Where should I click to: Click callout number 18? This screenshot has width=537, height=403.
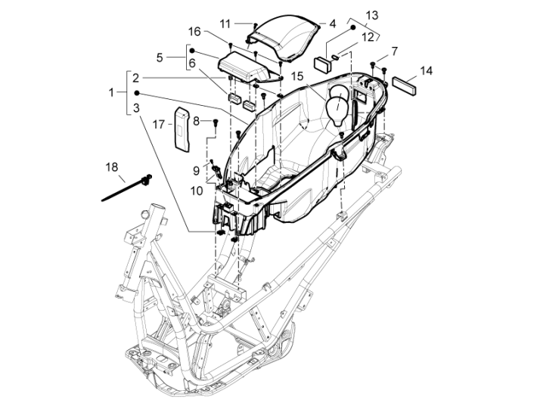coord(111,166)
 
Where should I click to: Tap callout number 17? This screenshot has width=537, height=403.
coord(159,125)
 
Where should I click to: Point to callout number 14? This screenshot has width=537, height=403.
coord(427,71)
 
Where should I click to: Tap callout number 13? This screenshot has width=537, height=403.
coord(372,16)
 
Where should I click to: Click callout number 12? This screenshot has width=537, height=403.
coord(368,36)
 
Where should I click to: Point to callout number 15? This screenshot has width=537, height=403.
coord(296,76)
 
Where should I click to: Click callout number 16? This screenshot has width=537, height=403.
coord(194,32)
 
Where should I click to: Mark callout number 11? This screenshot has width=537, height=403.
coord(226,23)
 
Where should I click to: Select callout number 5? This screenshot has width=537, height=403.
coord(160,57)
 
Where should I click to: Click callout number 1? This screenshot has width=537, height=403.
coord(111,92)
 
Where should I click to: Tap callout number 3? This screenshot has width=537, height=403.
coord(135,108)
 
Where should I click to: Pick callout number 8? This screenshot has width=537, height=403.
coord(195,121)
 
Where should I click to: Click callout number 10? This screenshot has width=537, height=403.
coord(197,191)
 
